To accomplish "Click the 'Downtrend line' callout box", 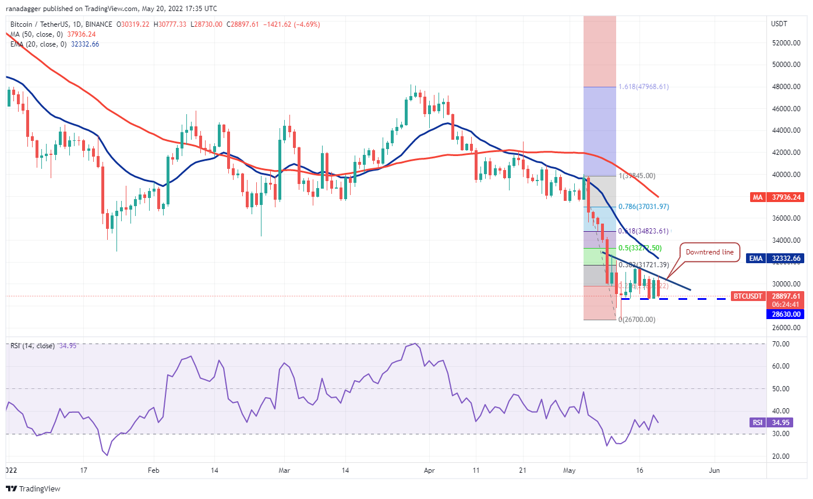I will click(710, 253).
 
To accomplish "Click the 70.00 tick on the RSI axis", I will click(780, 344).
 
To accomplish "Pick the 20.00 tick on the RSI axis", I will click(780, 456).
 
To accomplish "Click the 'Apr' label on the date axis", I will click(429, 469).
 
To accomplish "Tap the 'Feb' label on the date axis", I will click(153, 469).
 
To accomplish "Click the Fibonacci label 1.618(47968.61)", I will click(644, 87).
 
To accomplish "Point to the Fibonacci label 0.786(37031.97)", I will click(644, 206).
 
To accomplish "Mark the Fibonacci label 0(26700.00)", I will click(638, 319).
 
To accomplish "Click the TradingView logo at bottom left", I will click(33, 489).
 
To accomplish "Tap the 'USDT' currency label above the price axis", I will click(779, 24).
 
